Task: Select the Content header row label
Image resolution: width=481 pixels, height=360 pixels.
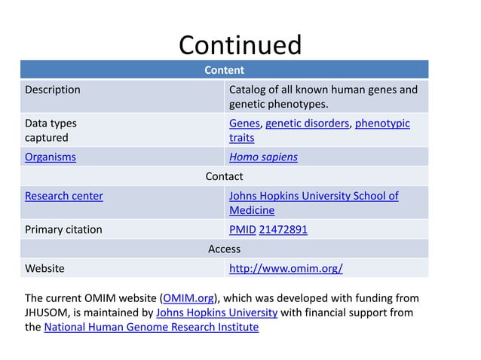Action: coord(224,70)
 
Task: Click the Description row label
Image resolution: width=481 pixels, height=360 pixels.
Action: coord(53,90)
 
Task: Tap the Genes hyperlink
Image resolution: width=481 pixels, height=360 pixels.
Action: coord(244,123)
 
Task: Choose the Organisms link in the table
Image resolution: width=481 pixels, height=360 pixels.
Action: coord(51,157)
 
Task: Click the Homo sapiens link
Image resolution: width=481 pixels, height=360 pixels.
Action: coord(263,157)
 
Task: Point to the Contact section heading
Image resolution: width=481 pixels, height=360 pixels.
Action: coord(224,176)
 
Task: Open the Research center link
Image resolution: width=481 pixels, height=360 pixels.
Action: coord(64,196)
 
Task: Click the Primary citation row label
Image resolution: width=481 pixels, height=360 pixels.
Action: coord(63,230)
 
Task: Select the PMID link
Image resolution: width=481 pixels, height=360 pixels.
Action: coord(242,230)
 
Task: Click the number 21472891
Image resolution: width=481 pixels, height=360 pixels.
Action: coord(283,230)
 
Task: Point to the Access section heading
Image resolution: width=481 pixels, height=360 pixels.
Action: coord(224,249)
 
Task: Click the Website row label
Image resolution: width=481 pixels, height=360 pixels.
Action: coord(44,268)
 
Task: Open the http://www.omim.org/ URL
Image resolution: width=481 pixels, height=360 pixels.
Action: coord(286,268)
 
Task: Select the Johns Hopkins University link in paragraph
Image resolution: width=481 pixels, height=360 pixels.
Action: coord(216,312)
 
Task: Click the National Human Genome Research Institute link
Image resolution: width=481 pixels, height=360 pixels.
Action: coord(151,327)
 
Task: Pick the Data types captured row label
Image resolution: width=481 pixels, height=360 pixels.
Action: coord(51,130)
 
